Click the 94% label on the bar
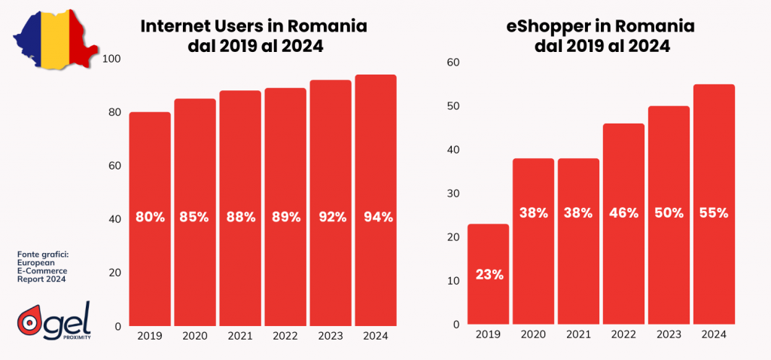pyautogui.click(x=376, y=218)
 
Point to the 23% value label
pyautogui.click(x=489, y=274)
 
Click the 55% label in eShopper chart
pyautogui.click(x=713, y=212)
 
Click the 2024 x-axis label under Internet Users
pyautogui.click(x=375, y=337)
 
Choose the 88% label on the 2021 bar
pyautogui.click(x=240, y=218)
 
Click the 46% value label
pyautogui.click(x=623, y=212)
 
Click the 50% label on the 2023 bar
pyautogui.click(x=669, y=212)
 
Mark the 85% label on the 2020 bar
pyautogui.click(x=195, y=218)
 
